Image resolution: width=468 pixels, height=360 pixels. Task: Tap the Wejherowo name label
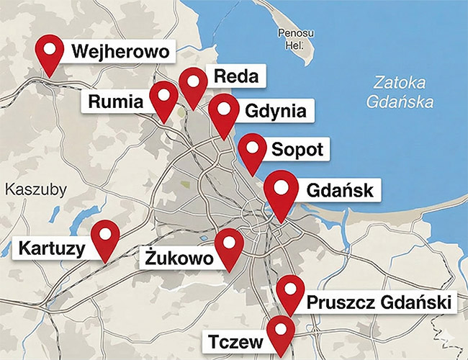coord(120,52)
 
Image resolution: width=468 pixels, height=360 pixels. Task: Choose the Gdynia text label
coord(276,112)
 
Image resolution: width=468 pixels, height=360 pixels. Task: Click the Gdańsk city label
coord(340,192)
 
